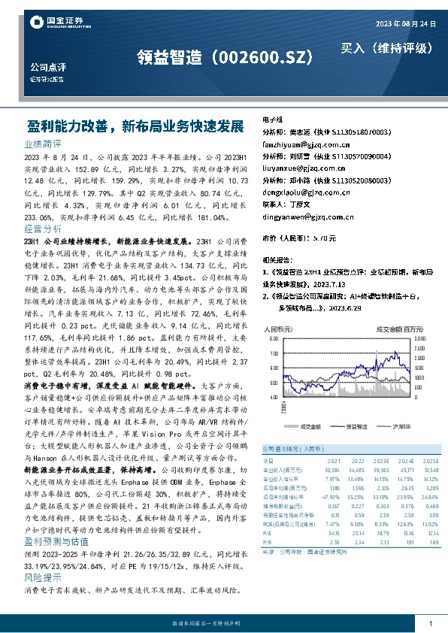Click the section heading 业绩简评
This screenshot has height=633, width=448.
click(x=43, y=142)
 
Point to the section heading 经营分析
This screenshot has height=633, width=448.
click(x=43, y=228)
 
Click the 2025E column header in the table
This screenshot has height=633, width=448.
click(x=431, y=460)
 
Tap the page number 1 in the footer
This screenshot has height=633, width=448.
click(x=429, y=624)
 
